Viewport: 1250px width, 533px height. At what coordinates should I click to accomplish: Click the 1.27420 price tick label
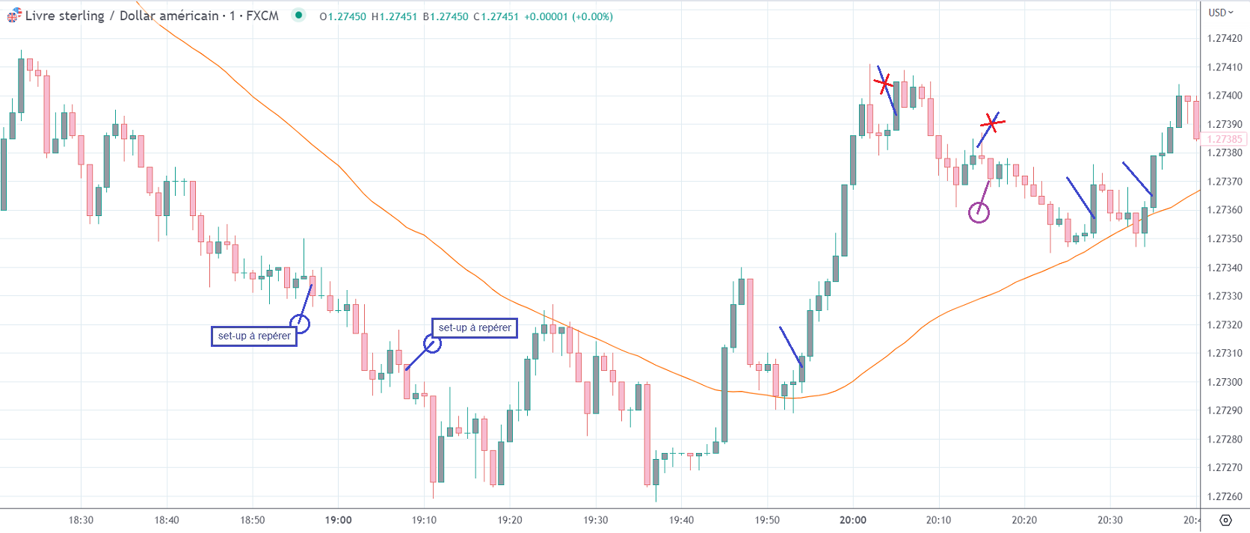click(1224, 38)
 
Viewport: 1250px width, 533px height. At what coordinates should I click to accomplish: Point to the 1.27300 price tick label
click(1224, 382)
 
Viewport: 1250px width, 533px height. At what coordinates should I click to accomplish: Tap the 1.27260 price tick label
click(1224, 496)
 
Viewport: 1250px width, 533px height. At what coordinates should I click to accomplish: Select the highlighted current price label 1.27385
click(1224, 139)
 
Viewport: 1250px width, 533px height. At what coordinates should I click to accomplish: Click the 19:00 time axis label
click(338, 520)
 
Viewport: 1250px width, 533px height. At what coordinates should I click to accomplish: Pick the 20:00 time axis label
click(852, 520)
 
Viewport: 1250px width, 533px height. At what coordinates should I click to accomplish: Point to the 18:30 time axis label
click(81, 520)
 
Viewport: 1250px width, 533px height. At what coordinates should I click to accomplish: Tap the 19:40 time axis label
click(681, 520)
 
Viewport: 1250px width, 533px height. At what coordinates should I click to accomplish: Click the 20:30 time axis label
click(1109, 520)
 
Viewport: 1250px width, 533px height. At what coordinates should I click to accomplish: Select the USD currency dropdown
click(1220, 12)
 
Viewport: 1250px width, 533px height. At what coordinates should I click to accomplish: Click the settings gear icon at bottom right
click(1225, 520)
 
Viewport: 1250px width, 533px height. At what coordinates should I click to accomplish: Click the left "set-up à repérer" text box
click(254, 336)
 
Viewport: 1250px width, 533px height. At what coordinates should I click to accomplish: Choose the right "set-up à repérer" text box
click(475, 327)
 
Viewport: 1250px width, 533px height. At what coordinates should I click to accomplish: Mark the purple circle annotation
click(979, 213)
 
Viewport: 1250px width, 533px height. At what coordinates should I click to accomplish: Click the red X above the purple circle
click(991, 122)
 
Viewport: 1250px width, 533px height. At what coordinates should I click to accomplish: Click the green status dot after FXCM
click(298, 15)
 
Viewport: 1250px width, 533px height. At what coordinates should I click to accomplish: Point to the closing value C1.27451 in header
click(496, 16)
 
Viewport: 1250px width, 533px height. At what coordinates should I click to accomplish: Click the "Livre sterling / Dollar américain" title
click(122, 16)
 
